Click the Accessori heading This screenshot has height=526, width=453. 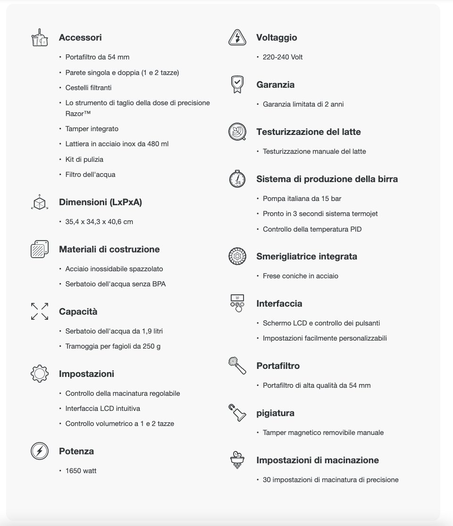click(80, 38)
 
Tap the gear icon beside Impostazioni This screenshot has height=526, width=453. click(39, 374)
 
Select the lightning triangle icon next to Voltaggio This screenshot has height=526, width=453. click(237, 38)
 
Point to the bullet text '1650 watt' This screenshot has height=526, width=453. click(81, 471)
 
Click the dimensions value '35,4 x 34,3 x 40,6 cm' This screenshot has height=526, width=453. click(99, 222)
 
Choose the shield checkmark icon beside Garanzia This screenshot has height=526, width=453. click(237, 84)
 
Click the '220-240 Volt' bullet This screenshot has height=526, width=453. click(283, 57)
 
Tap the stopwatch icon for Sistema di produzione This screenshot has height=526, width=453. click(237, 179)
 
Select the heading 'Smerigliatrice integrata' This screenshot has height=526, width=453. click(307, 257)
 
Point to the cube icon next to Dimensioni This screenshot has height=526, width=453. click(39, 202)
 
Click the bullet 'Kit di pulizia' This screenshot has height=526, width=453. click(84, 159)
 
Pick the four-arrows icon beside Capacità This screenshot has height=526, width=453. click(39, 311)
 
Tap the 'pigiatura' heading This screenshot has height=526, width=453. click(275, 413)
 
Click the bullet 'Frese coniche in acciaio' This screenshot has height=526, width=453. click(300, 276)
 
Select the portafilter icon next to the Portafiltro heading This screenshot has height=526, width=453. click(237, 366)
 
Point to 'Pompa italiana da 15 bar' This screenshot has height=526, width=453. click(302, 199)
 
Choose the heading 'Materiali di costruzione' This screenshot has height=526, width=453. click(109, 250)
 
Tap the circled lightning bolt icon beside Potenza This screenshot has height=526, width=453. click(39, 451)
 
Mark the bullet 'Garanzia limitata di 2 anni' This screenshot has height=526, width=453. click(303, 104)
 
